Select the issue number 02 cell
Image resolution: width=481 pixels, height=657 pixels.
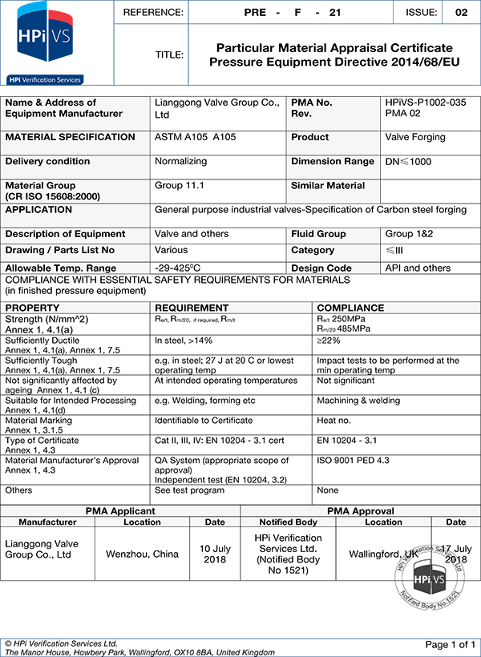[x=461, y=12]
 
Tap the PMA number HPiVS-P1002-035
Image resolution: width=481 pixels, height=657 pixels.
[x=424, y=103]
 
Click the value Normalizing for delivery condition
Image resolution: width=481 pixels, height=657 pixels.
[x=180, y=161]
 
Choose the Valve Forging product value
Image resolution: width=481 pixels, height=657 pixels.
[x=415, y=137]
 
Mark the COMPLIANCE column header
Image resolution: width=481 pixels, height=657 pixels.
[x=350, y=308]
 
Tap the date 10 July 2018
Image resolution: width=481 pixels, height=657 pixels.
[x=215, y=554]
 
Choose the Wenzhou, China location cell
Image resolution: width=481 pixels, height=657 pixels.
[x=142, y=554]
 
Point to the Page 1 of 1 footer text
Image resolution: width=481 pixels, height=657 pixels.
[x=450, y=644]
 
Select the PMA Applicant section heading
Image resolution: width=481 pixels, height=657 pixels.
[x=120, y=510]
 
